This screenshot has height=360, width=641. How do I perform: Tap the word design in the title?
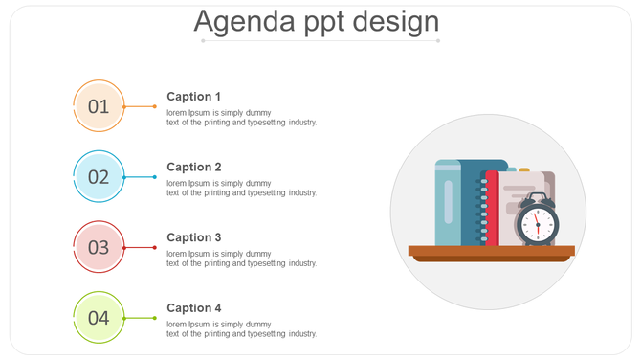pyautogui.click(x=395, y=21)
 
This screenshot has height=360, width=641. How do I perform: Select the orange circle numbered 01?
pyautogui.click(x=99, y=106)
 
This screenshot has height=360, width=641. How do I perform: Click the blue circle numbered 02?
pyautogui.click(x=99, y=177)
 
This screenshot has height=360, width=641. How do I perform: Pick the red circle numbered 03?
pyautogui.click(x=99, y=247)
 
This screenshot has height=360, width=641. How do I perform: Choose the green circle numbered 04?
pyautogui.click(x=99, y=318)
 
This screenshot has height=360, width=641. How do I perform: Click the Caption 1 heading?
pyautogui.click(x=194, y=97)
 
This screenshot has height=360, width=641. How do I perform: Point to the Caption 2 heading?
pyautogui.click(x=194, y=168)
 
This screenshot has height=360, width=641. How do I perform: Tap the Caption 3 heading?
pyautogui.click(x=194, y=237)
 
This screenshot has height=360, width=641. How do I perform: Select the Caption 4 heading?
pyautogui.click(x=194, y=308)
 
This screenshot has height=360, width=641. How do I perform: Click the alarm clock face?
pyautogui.click(x=537, y=225)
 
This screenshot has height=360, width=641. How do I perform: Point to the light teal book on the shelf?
pyautogui.click(x=448, y=204)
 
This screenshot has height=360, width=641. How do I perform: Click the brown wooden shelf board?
pyautogui.click(x=491, y=252)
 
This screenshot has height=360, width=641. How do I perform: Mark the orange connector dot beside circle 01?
pyautogui.click(x=155, y=106)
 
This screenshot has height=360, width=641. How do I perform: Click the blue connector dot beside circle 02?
pyautogui.click(x=155, y=177)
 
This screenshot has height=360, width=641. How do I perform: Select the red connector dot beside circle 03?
pyautogui.click(x=155, y=247)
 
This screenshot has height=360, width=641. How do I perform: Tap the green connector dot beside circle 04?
pyautogui.click(x=155, y=318)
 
